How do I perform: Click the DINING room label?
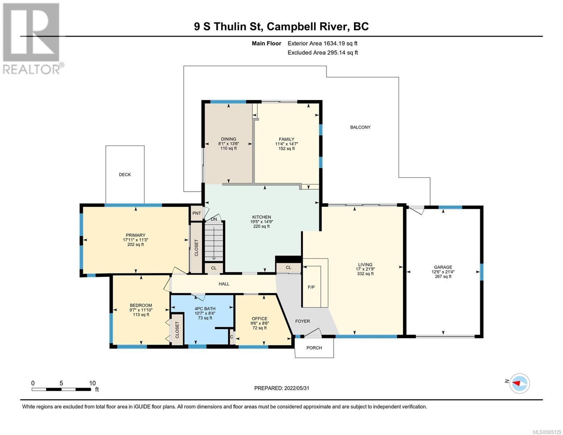pos(228,139)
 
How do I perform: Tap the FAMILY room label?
pos(286,140)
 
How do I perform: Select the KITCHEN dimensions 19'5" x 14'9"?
pos(261,222)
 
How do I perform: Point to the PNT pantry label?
pos(196,213)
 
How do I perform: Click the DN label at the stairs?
pos(214,219)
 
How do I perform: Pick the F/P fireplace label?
pos(311,287)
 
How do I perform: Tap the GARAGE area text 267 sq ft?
pos(443,277)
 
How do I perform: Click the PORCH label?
pos(314,348)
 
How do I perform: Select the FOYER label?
pos(302,321)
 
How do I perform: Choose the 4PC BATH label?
pos(205,308)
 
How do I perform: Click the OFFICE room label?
pos(259,319)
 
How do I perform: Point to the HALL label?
pos(224,284)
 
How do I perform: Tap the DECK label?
pos(125,175)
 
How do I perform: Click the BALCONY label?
pos(360,127)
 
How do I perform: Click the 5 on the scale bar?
pos(61,383)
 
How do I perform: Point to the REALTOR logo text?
pos(32,70)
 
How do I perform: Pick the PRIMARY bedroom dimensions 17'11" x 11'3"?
pos(136,240)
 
